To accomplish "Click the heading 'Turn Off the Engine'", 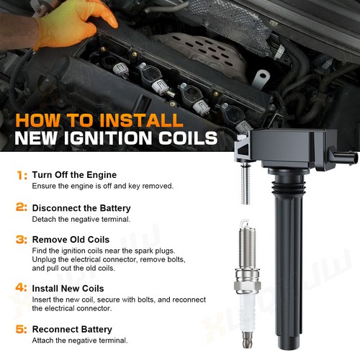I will coord(74,175).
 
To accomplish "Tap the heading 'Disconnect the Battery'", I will coord(81,207).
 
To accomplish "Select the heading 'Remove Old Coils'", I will coord(72,239).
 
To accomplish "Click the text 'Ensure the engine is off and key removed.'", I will coord(102,186).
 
